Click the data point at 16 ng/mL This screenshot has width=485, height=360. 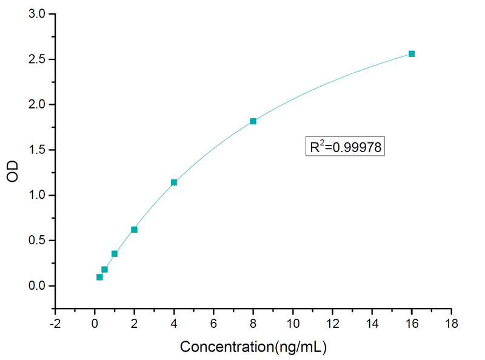[x=412, y=54]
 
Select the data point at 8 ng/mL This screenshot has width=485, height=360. [x=253, y=121]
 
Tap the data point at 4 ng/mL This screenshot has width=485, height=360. [x=174, y=182]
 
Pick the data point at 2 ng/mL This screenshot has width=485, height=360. [x=134, y=230]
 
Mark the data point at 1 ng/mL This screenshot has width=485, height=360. [x=115, y=254]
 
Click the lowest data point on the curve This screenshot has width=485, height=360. [x=99, y=277]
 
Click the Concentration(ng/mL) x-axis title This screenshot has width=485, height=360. [x=253, y=347]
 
